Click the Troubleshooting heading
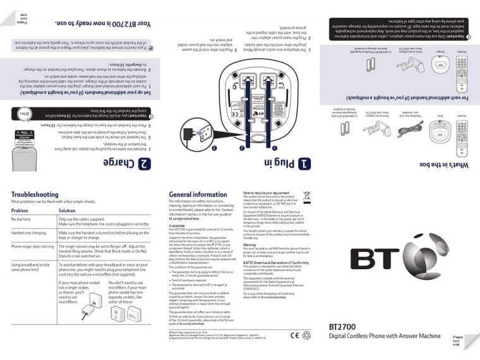pos(35,195)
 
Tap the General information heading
pos(198,195)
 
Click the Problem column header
pos(20,210)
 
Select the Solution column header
pos(67,210)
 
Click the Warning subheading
pos(250,243)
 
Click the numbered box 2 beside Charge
pos(145,164)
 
